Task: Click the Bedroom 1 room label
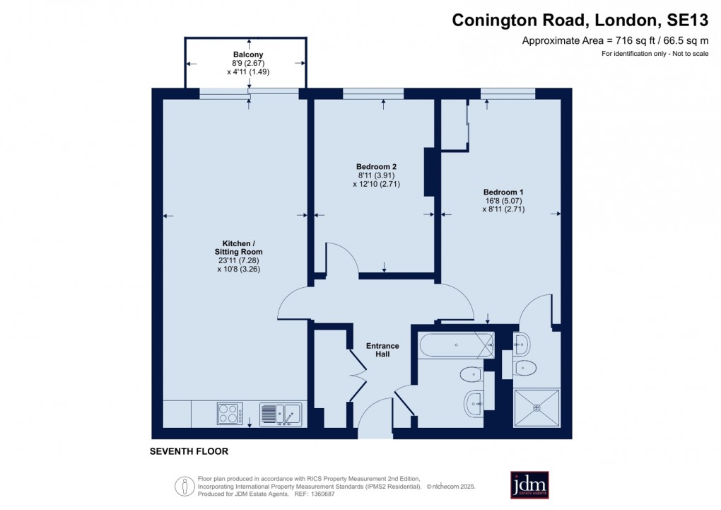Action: click(503, 192)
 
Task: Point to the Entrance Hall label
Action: click(382, 349)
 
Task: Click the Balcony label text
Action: click(248, 54)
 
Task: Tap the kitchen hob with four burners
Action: click(229, 413)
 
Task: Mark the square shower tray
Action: click(537, 407)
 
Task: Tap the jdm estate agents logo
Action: click(529, 485)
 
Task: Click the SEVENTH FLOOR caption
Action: click(189, 451)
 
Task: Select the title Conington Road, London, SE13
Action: click(580, 21)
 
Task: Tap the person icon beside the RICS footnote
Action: click(184, 486)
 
